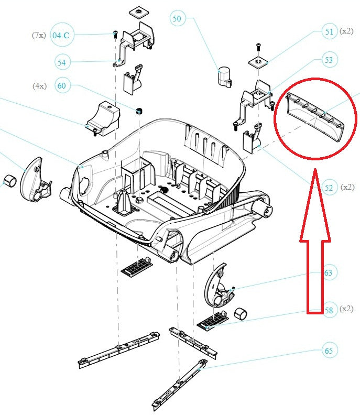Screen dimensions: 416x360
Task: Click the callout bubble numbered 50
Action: (177, 19)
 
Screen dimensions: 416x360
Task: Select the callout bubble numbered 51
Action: (329, 32)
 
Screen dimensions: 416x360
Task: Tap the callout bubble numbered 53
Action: (329, 60)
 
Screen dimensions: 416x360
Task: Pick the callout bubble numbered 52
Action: (329, 188)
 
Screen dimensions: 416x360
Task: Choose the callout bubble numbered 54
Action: (62, 62)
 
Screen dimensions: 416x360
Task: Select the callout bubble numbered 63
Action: (329, 272)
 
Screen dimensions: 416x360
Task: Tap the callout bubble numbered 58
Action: (329, 310)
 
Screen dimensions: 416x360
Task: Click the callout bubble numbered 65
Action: (329, 351)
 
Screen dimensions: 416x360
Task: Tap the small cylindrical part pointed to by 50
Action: (224, 77)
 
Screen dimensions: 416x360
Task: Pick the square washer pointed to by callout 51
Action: (258, 62)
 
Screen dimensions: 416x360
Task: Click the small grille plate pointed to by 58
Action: (213, 319)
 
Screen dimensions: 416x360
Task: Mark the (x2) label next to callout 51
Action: (346, 31)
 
